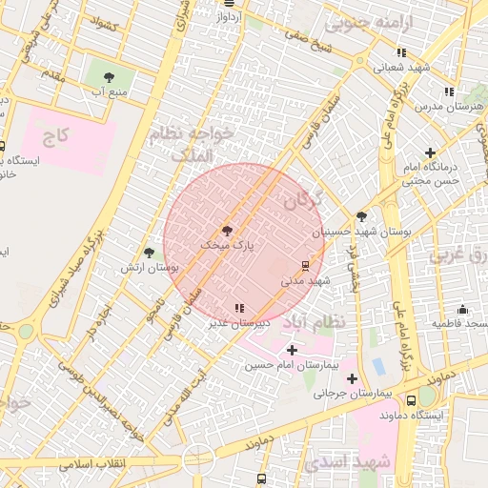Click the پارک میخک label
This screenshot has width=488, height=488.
(x=227, y=246)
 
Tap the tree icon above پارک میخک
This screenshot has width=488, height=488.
(x=227, y=231)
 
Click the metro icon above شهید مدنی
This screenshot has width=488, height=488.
(x=305, y=265)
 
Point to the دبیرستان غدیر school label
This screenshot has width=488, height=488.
(x=239, y=323)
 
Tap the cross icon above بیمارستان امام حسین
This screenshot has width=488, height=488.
(x=292, y=350)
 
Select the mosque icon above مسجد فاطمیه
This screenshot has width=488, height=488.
(x=462, y=309)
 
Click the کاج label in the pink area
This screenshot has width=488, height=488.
(x=57, y=136)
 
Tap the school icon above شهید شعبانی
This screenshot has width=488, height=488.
(x=402, y=52)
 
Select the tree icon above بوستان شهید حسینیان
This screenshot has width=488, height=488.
(x=361, y=216)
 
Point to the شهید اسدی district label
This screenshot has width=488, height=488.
(x=358, y=461)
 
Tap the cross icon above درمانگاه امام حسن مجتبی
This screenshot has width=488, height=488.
(x=431, y=152)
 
